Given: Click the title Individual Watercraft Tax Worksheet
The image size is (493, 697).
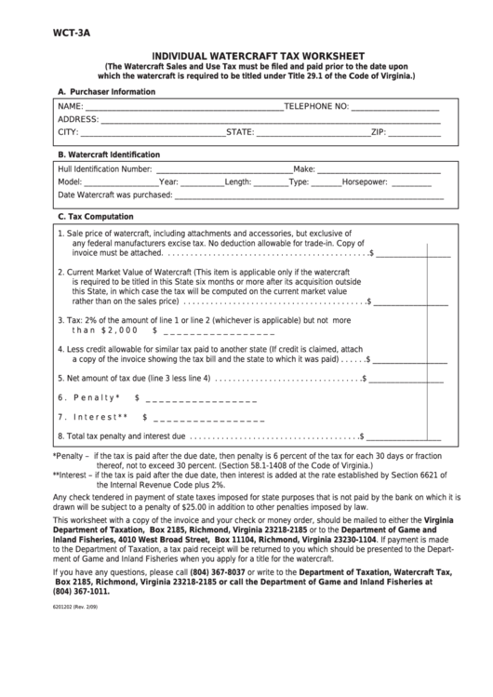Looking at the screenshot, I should [259, 56].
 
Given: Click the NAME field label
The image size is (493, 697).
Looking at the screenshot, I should [71, 107].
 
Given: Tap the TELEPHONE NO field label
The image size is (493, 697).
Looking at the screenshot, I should [316, 107].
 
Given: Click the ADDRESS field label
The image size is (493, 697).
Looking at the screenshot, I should [78, 120].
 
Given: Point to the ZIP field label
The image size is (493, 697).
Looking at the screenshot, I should [379, 133].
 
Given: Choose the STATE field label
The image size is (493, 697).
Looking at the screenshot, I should [240, 133].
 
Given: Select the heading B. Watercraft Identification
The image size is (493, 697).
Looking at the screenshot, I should [109, 154].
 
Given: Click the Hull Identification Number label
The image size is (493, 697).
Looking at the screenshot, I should [104, 169].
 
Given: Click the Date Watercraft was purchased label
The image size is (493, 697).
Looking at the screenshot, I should [115, 195].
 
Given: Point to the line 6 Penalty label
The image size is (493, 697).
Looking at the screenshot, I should [91, 397].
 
